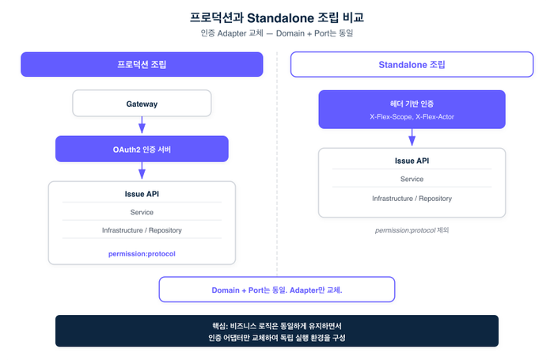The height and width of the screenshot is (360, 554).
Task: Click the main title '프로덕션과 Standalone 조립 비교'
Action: (x=277, y=17)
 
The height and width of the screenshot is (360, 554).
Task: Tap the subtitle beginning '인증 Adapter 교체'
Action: (x=277, y=33)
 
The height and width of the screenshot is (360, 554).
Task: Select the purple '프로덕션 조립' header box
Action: (x=142, y=64)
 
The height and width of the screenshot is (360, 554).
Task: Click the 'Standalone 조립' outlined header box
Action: (x=412, y=64)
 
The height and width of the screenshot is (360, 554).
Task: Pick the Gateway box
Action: (x=142, y=104)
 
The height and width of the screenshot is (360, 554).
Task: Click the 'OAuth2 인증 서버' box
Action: (x=142, y=149)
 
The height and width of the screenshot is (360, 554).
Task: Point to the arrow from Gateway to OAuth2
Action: (x=142, y=125)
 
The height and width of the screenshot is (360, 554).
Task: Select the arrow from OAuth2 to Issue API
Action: (x=142, y=171)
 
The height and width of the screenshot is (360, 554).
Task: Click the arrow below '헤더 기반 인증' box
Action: (x=412, y=138)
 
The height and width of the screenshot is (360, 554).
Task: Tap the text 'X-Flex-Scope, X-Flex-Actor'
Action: (x=412, y=117)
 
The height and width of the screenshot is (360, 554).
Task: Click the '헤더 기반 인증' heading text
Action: (x=412, y=104)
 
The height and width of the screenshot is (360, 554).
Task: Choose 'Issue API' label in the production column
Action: (x=142, y=194)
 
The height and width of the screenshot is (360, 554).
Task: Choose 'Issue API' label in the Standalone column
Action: (x=412, y=161)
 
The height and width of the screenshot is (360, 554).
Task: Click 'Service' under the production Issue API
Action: (x=142, y=212)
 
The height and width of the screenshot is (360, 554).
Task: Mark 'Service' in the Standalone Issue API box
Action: (x=412, y=179)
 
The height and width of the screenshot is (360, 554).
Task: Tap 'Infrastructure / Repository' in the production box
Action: (x=142, y=230)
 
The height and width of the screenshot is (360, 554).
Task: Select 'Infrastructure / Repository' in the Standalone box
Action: (x=412, y=199)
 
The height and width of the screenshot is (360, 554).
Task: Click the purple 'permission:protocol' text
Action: (x=142, y=254)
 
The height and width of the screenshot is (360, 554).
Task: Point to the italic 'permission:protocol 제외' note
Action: (x=412, y=230)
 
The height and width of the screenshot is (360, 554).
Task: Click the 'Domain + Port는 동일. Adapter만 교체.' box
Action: (x=277, y=290)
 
